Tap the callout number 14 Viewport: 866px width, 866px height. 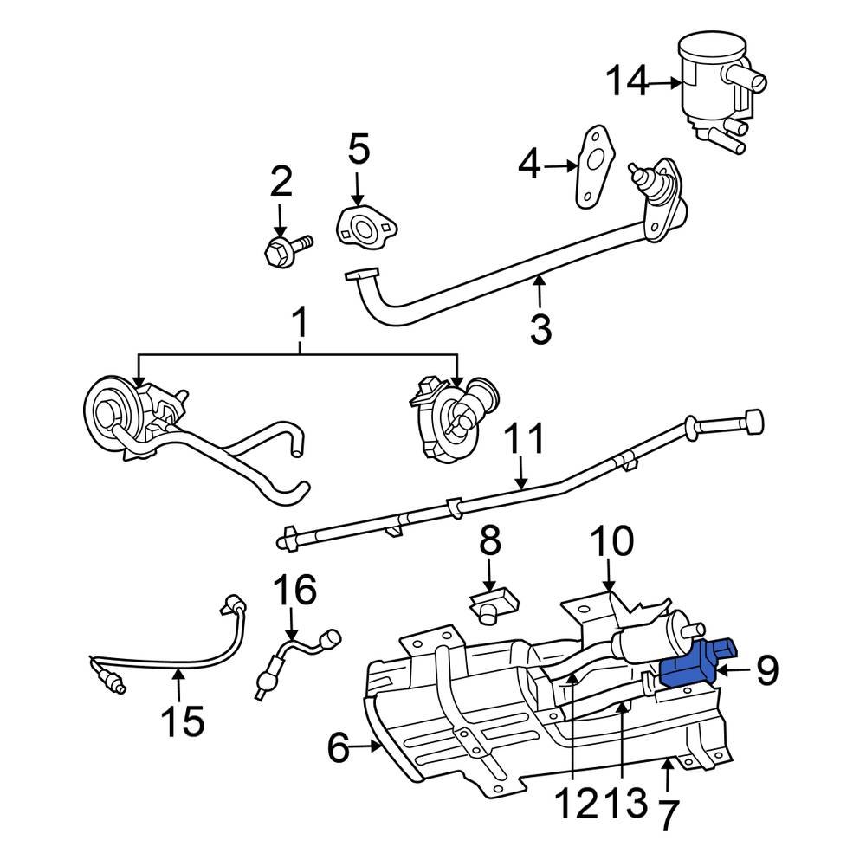click(x=626, y=82)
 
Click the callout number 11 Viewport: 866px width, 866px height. click(x=525, y=440)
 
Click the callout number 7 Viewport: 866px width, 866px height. click(x=669, y=815)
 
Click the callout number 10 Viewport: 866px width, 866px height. click(x=612, y=543)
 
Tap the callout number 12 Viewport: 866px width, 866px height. click(x=572, y=805)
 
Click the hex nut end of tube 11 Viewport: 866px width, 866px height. click(x=752, y=421)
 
